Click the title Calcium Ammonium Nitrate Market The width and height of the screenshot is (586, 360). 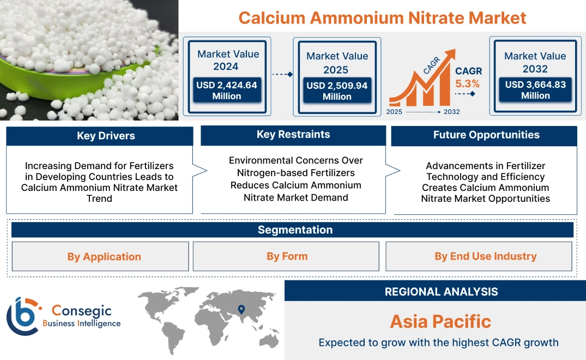(x=382, y=17)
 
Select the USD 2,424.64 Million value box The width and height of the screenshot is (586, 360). (x=226, y=90)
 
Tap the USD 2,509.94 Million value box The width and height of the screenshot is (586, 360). (x=337, y=91)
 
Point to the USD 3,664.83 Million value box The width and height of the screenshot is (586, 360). (x=535, y=89)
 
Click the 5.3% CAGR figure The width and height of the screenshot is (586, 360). (x=468, y=83)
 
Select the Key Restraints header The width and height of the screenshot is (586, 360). (x=293, y=135)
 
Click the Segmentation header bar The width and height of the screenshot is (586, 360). (x=295, y=230)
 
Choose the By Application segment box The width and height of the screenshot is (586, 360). (x=104, y=256)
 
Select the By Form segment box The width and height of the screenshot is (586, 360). (x=287, y=256)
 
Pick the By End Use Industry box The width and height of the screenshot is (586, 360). (x=485, y=256)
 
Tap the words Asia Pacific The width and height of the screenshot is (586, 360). (x=440, y=321)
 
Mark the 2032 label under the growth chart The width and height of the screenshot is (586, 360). (x=451, y=112)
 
